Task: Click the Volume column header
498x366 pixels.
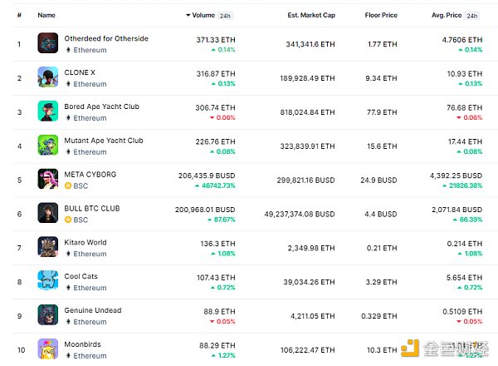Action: (x=203, y=16)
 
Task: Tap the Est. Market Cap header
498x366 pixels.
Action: (x=311, y=16)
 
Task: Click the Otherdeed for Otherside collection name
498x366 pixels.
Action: (x=106, y=39)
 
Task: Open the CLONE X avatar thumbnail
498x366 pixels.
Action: (x=47, y=77)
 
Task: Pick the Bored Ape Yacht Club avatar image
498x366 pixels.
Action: (x=47, y=111)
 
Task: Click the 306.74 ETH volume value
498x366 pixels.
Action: (x=216, y=106)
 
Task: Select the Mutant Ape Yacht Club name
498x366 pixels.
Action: (x=104, y=141)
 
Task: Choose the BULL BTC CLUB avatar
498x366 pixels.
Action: (x=47, y=213)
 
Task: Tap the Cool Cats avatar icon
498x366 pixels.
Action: (x=47, y=280)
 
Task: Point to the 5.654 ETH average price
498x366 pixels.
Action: (x=464, y=276)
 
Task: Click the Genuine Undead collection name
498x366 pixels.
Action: (x=93, y=310)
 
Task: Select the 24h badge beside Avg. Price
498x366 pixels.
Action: (x=472, y=16)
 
